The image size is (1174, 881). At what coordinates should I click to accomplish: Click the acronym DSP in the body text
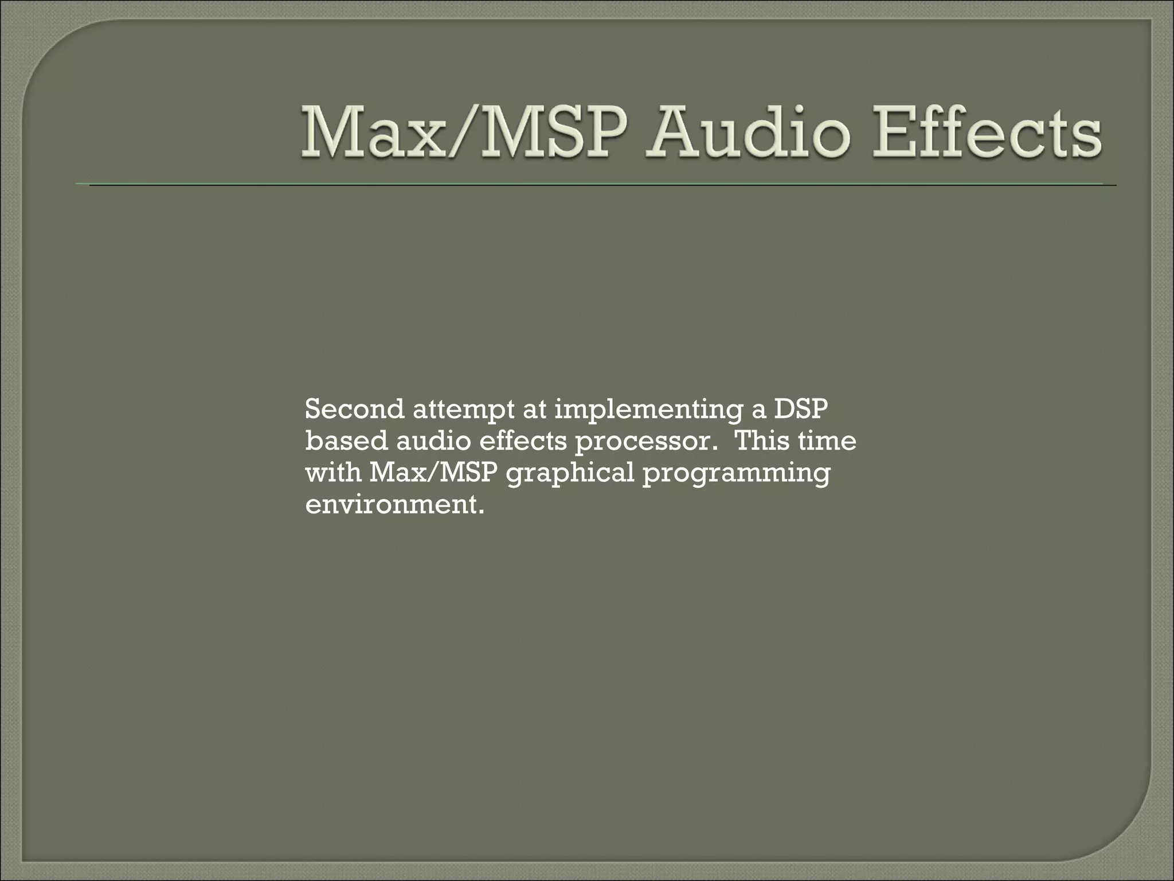coord(801,410)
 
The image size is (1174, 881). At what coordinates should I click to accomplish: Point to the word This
coord(758,441)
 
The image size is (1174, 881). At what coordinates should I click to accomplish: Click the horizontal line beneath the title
coord(596,185)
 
